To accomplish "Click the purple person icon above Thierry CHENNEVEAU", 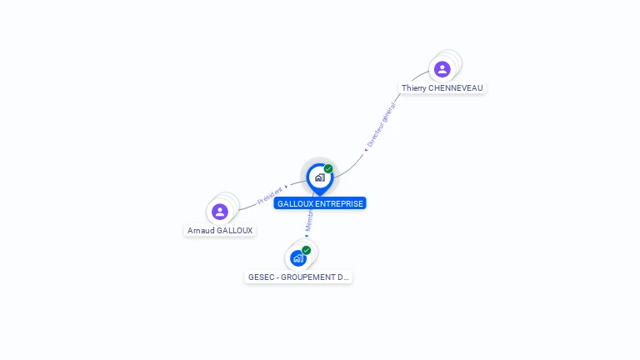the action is pos(442,69).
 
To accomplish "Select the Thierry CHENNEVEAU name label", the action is pos(442,87).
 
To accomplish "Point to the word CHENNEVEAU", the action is pos(454,87).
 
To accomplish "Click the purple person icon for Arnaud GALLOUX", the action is pos(220,212).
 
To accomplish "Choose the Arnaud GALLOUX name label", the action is pos(220,230).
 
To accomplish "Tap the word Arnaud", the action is pos(200,230).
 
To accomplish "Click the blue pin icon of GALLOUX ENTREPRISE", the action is pos(319,177).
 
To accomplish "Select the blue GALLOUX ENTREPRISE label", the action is pos(320,203).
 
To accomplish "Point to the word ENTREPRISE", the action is pos(340,203).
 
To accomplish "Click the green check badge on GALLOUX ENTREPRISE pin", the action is pos(328,168).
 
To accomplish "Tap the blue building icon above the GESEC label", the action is pos(297,258).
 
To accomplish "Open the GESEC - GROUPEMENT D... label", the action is pos(298,277).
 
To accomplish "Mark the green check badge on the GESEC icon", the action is pos(307,250).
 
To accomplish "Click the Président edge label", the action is pos(269,195).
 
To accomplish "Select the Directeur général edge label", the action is pos(382,126).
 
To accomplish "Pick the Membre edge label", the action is pos(308,221).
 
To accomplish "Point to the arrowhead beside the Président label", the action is pos(287,187).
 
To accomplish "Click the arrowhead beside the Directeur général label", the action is pos(366,150).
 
